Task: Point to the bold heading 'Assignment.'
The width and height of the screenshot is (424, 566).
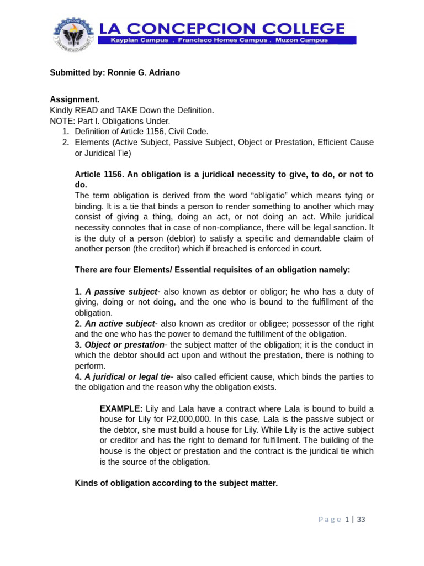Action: [75, 99]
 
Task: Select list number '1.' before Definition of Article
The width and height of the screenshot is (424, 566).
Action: [65, 132]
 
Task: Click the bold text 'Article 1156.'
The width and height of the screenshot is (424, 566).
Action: [99, 174]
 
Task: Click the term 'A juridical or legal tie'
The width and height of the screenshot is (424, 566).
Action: [127, 376]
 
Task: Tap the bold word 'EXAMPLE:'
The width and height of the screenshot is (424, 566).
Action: [121, 408]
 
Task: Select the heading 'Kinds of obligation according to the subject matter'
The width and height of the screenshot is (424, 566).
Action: [176, 483]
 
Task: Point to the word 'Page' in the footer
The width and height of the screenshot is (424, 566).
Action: [330, 520]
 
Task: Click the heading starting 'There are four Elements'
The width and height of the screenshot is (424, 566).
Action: [212, 270]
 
